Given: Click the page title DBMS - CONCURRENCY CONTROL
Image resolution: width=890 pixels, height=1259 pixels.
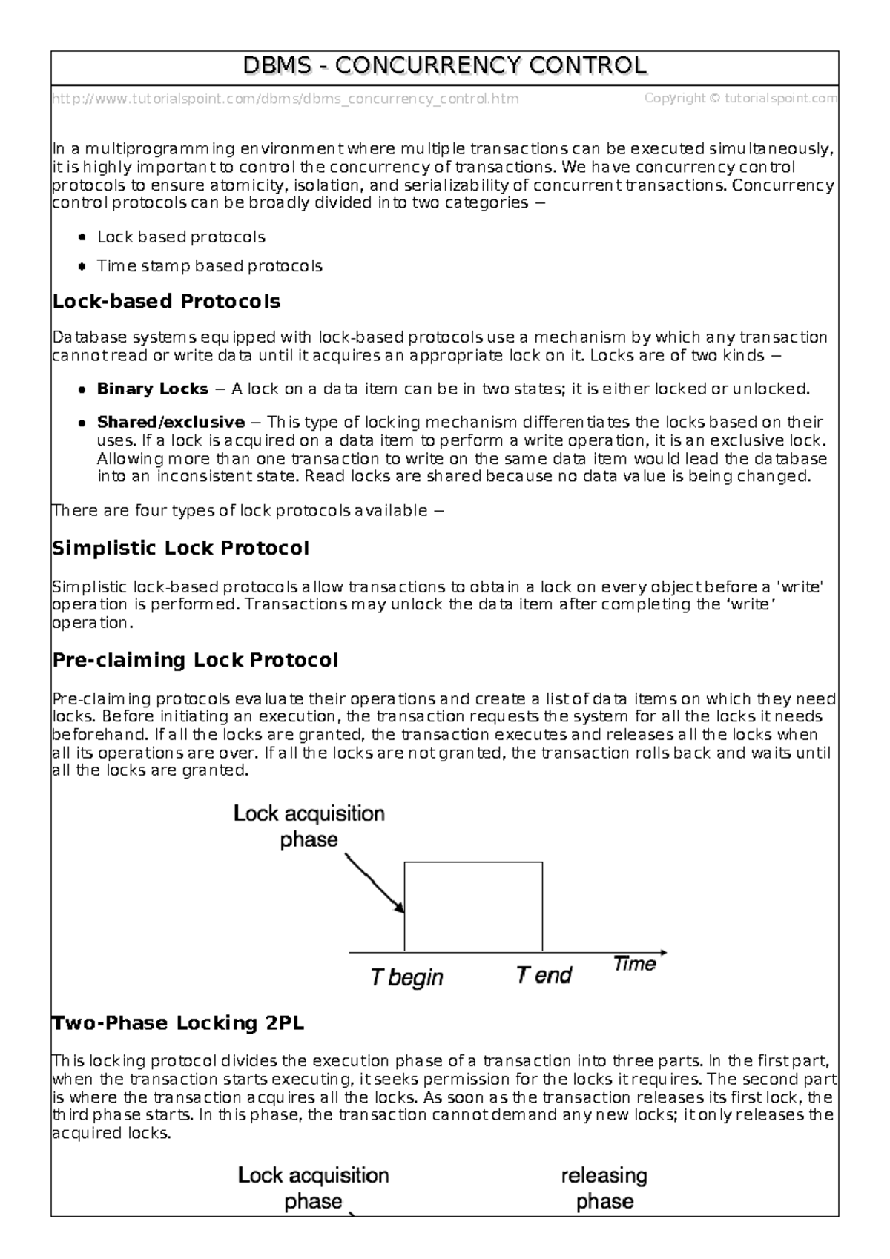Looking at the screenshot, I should click(x=445, y=66).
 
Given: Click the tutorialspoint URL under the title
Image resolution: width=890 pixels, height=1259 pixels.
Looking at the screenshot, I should click(x=286, y=99).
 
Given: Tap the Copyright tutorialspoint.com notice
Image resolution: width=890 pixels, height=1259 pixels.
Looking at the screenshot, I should click(x=740, y=99).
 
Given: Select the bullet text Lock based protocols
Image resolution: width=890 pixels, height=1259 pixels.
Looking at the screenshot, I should click(x=181, y=237).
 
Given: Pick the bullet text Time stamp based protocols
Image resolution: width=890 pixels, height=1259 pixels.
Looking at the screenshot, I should click(x=209, y=266).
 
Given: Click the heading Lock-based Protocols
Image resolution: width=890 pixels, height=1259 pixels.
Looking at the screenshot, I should click(x=166, y=302).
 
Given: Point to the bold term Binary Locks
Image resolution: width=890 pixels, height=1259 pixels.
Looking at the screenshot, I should click(x=152, y=389).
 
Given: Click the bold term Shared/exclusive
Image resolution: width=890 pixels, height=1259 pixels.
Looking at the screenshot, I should click(x=171, y=423).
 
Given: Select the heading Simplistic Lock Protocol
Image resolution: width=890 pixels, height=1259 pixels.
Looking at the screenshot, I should click(x=180, y=549).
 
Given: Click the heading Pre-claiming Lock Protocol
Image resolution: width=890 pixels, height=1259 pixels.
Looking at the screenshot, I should click(x=195, y=660).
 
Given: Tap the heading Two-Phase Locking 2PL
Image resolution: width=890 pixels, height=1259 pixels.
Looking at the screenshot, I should click(x=178, y=1024).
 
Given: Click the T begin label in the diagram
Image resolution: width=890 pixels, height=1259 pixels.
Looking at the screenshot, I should click(x=406, y=977).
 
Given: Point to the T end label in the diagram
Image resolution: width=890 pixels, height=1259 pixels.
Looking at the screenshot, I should click(x=544, y=975).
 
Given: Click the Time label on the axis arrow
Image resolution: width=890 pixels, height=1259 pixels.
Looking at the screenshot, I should click(x=635, y=964).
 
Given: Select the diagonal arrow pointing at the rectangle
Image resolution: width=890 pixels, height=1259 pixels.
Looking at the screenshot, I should click(x=375, y=883).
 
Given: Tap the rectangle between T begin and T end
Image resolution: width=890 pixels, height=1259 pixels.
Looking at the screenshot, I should click(x=473, y=906).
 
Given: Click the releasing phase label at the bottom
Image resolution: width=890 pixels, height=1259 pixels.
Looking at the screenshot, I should click(x=604, y=1189).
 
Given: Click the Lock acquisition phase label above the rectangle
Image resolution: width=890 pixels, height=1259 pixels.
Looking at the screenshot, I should click(x=309, y=826).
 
